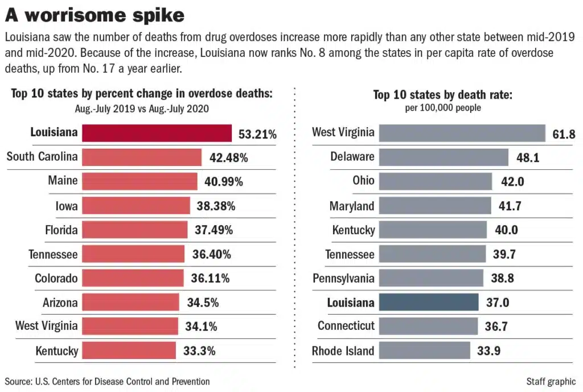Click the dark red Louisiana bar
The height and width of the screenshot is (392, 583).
pos(157,133)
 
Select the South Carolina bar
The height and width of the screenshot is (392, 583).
pos(142,157)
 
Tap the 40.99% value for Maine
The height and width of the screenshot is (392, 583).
pos(224,182)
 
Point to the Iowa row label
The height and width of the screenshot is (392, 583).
pos(67,206)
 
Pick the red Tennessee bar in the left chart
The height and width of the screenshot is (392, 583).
pos(133,254)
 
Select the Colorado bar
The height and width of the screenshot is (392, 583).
pos(133,278)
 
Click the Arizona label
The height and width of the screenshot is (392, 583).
pos(60,303)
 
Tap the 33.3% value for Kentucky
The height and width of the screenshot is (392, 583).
pos(199,351)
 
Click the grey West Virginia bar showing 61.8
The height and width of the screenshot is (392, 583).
pos(462,133)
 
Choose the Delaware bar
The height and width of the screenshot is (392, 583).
pos(443,157)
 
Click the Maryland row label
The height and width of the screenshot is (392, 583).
pos(352,206)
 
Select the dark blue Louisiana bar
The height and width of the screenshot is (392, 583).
pos(428,303)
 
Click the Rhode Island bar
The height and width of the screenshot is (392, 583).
pos(424,351)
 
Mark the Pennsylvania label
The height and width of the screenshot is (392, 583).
pos(344,278)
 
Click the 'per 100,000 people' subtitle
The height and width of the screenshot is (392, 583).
pos(442,108)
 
